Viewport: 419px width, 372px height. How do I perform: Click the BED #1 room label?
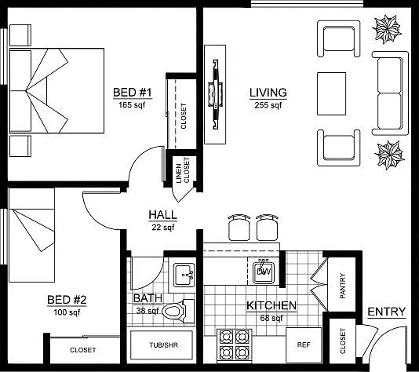pyautogui.click(x=133, y=93)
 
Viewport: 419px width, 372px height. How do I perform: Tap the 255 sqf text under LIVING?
pyautogui.click(x=268, y=105)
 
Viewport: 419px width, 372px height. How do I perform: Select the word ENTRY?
pyautogui.click(x=386, y=312)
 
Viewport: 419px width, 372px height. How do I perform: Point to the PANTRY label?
pyautogui.click(x=343, y=286)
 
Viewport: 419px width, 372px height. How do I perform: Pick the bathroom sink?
pyautogui.click(x=184, y=275)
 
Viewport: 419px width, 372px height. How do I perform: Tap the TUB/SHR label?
pyautogui.click(x=163, y=345)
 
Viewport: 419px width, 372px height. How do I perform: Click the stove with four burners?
pyautogui.click(x=235, y=345)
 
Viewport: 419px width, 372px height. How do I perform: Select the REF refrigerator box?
pyautogui.click(x=304, y=345)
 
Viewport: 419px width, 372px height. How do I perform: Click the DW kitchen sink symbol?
pyautogui.click(x=264, y=272)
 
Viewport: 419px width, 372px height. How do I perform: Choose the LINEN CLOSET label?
pyautogui.click(x=183, y=170)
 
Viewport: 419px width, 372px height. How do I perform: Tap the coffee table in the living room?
pyautogui.click(x=331, y=93)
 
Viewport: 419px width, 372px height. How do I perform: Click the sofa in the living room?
pyautogui.click(x=390, y=93)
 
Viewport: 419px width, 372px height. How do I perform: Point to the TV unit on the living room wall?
pyautogui.click(x=215, y=94)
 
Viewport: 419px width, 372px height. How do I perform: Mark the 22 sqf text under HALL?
pyautogui.click(x=163, y=228)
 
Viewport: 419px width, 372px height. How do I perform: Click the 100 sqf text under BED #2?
pyautogui.click(x=67, y=312)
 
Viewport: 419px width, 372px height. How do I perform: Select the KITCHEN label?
pyautogui.click(x=271, y=306)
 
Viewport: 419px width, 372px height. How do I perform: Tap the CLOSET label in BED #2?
pyautogui.click(x=83, y=350)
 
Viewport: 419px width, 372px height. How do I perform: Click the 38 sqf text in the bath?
pyautogui.click(x=148, y=311)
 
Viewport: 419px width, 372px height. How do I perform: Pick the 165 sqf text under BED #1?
pyautogui.click(x=132, y=104)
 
